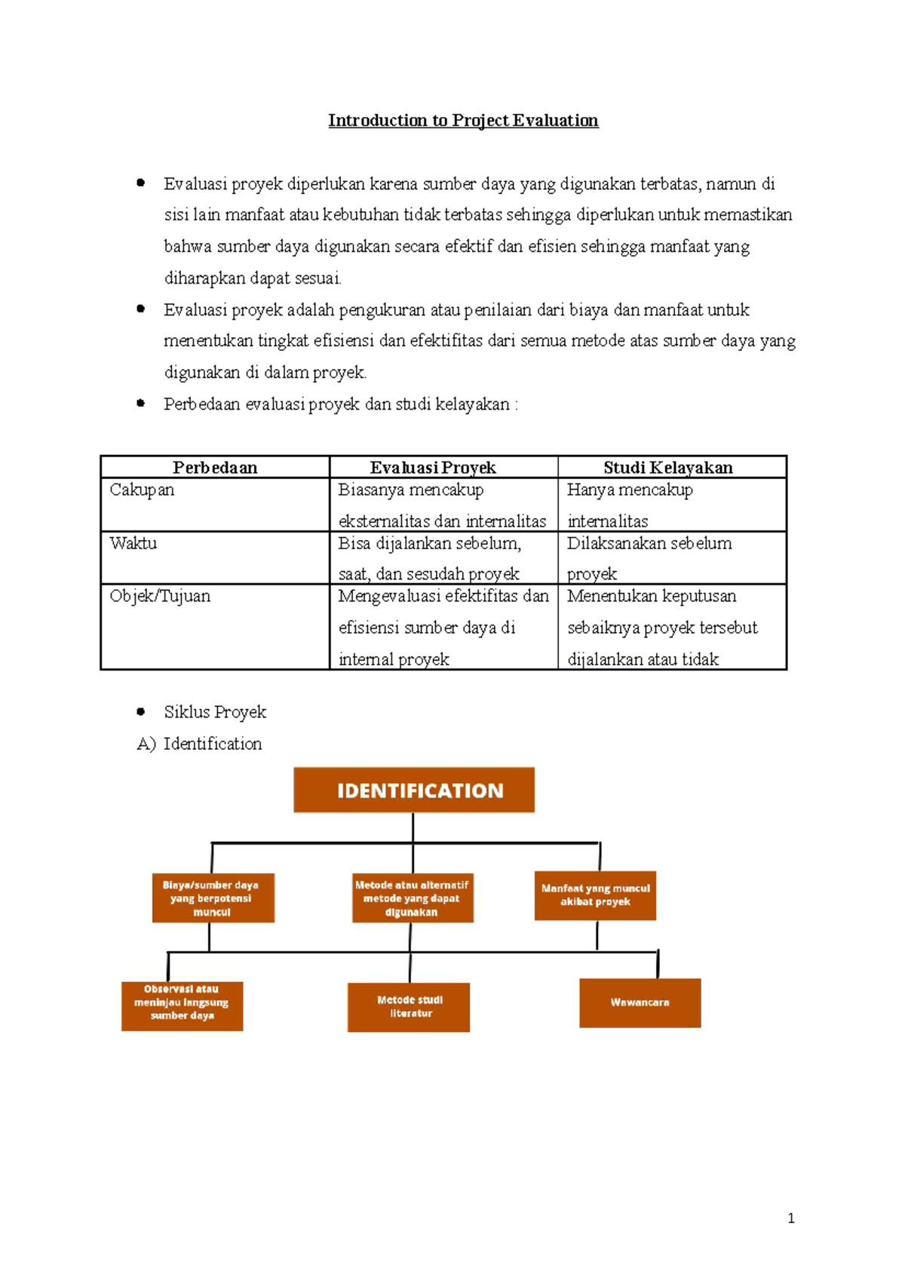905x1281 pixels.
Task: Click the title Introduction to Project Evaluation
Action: tap(463, 121)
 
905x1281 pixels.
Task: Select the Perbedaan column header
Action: tap(215, 468)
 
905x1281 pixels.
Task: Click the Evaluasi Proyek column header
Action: tap(433, 468)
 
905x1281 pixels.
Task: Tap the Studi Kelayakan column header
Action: tap(668, 468)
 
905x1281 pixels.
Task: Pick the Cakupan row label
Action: tap(142, 490)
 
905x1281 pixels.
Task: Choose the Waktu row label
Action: tap(133, 543)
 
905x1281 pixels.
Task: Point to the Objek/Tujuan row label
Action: tap(160, 596)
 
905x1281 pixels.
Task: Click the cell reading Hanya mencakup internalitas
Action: tap(630, 505)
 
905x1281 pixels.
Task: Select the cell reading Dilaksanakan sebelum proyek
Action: tap(649, 558)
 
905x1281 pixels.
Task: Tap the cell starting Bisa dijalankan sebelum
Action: tap(430, 558)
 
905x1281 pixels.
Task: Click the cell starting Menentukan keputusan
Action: tap(662, 627)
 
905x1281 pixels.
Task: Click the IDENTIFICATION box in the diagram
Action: tap(414, 790)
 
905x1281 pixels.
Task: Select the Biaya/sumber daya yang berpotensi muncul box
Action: tap(213, 898)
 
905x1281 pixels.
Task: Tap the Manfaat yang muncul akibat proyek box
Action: tap(595, 895)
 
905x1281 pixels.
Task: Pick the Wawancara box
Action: tap(640, 1003)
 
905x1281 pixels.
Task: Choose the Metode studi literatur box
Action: tap(409, 1006)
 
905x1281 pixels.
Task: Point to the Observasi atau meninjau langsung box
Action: tap(182, 1006)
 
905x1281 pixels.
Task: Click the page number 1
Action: tap(790, 1218)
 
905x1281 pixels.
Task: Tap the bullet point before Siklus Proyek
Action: tap(141, 711)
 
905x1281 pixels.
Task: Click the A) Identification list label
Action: tap(200, 744)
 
